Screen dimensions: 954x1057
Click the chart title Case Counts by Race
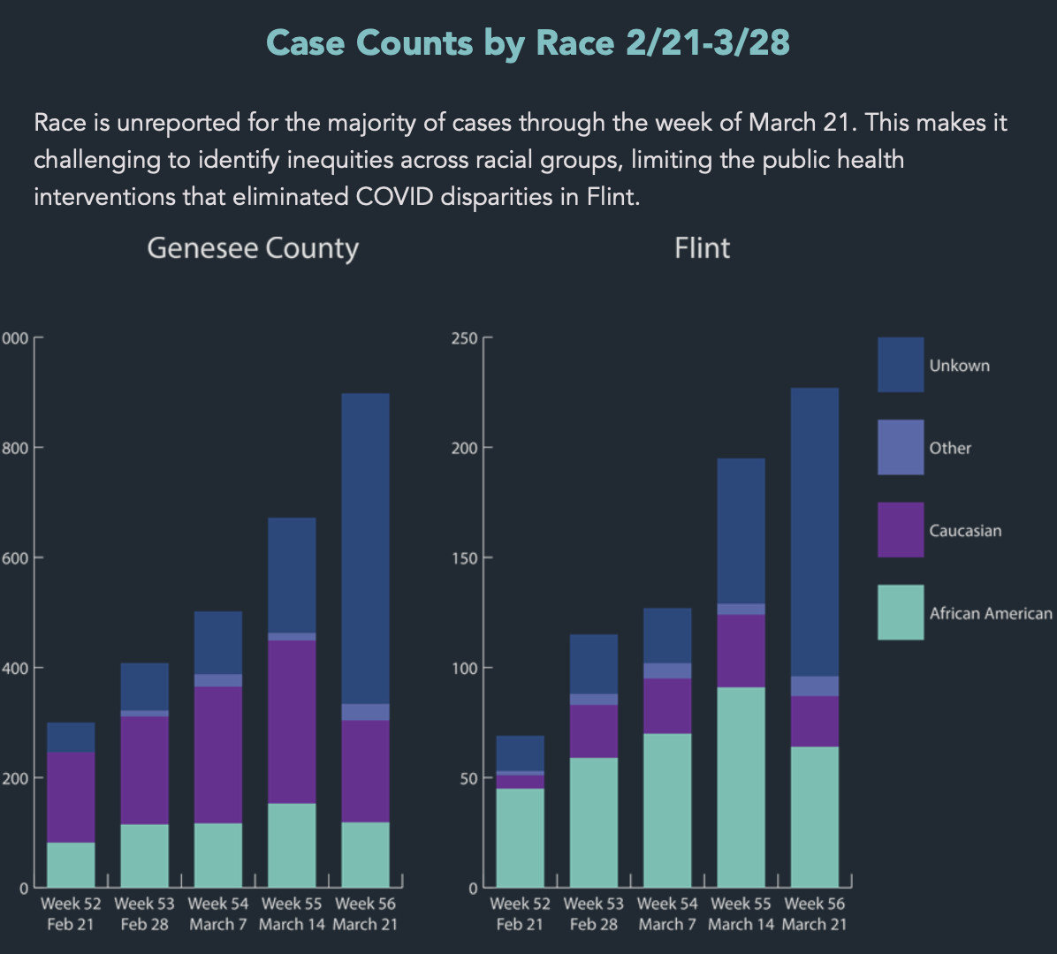point(528,42)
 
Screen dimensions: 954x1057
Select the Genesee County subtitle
point(253,248)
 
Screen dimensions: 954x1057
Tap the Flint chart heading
point(702,248)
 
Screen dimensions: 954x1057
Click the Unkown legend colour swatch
point(901,365)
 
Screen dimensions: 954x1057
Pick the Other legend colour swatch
point(901,447)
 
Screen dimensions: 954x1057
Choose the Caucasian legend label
point(965,531)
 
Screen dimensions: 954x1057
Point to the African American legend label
point(991,613)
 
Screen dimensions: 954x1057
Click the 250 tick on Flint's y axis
point(464,338)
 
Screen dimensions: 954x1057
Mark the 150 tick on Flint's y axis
point(464,558)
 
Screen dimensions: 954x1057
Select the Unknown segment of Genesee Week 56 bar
point(365,548)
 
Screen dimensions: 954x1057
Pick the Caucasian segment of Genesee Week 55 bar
point(292,721)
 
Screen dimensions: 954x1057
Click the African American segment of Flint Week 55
point(741,786)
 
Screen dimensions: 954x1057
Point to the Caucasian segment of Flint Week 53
point(594,731)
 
